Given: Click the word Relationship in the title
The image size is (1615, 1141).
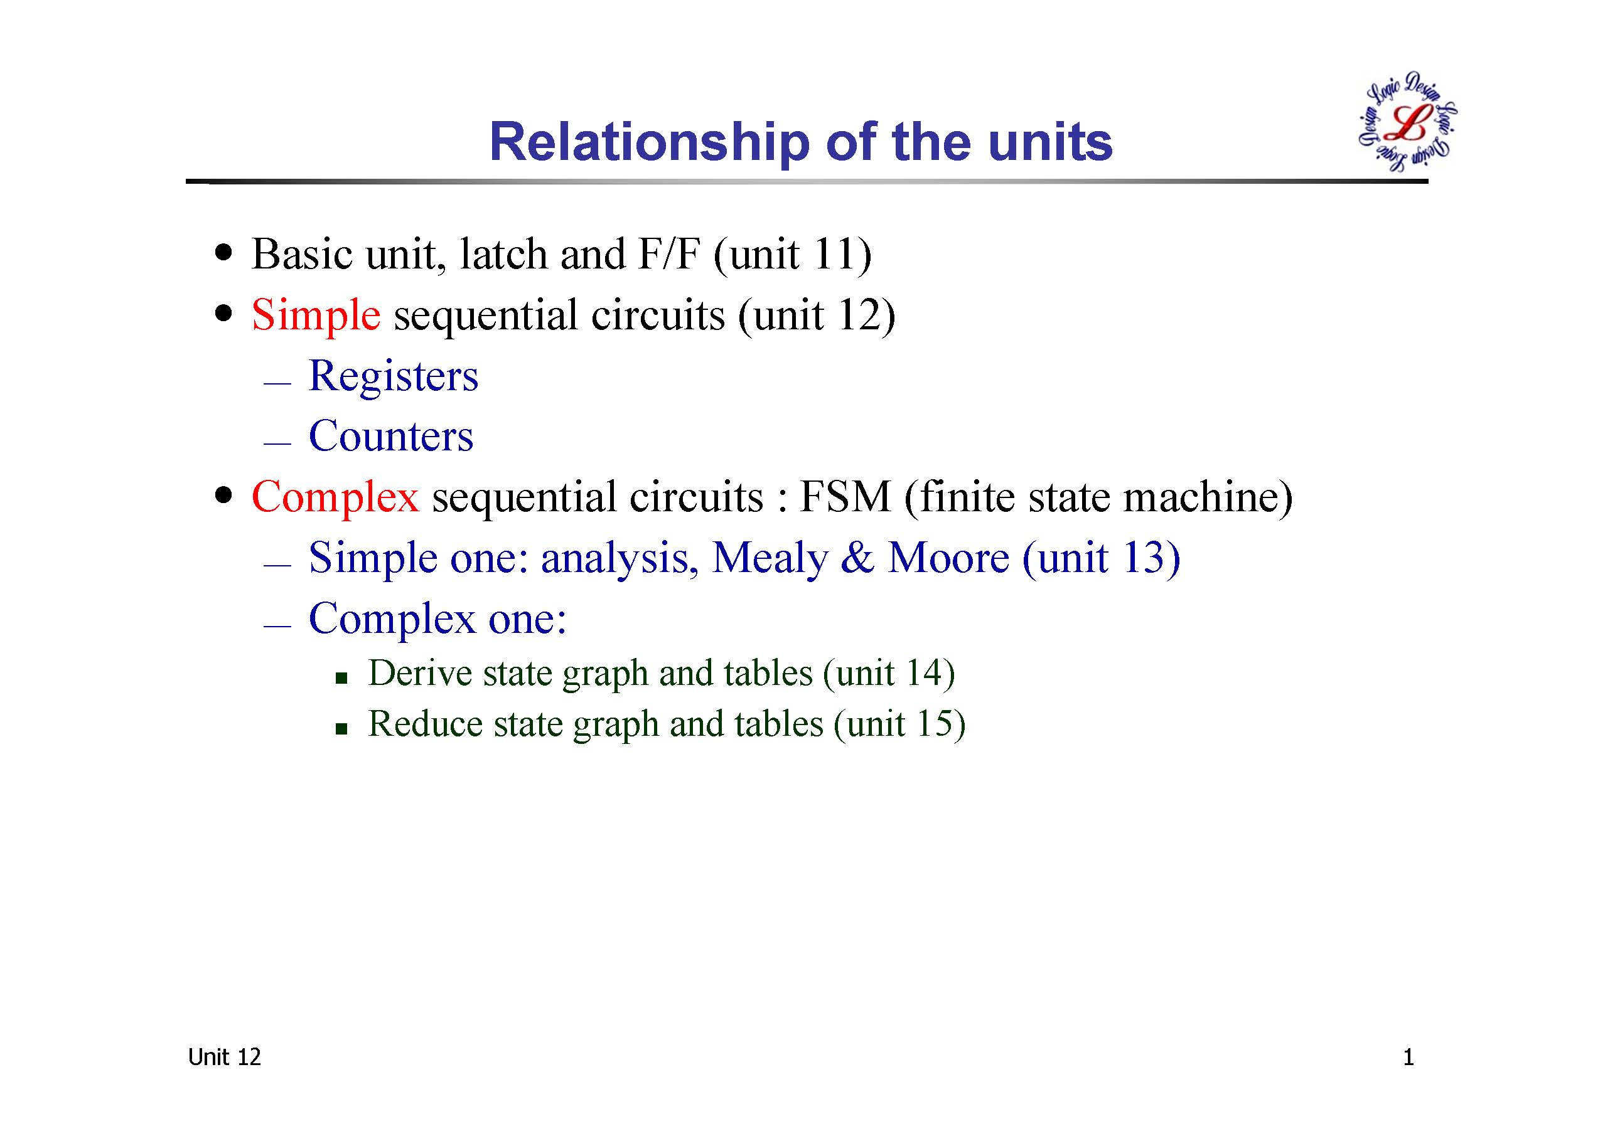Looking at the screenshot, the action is click(x=649, y=144).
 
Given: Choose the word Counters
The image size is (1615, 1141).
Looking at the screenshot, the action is click(x=391, y=436).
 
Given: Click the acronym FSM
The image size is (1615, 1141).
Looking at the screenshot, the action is click(x=845, y=496).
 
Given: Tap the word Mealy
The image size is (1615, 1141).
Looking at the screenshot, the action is click(x=770, y=559).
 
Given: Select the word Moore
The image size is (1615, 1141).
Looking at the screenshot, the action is click(x=948, y=558).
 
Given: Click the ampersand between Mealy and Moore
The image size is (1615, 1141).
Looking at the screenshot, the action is click(x=857, y=558).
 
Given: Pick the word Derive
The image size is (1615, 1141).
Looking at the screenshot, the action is click(x=420, y=673).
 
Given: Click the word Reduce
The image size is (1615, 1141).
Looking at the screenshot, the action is click(x=425, y=723).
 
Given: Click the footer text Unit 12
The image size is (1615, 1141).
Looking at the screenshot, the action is click(x=224, y=1058).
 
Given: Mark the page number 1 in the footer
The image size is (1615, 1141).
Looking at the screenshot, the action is click(x=1408, y=1058).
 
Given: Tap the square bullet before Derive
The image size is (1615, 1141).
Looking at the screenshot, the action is click(x=342, y=677).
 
